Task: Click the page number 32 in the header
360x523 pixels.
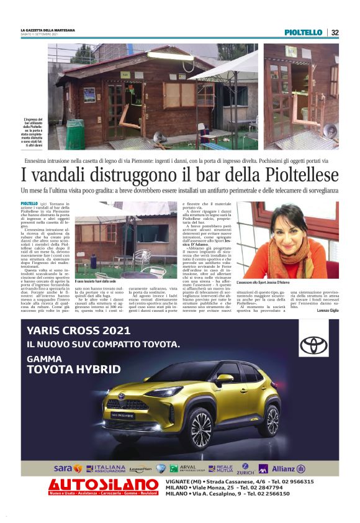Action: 335,32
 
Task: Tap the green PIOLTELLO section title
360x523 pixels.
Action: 304,32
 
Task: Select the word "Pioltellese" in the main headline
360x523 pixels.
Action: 297,173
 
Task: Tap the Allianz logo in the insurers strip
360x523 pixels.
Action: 286,468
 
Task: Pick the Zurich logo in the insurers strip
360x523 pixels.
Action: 246,468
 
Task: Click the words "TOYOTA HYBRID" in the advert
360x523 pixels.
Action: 73,370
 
